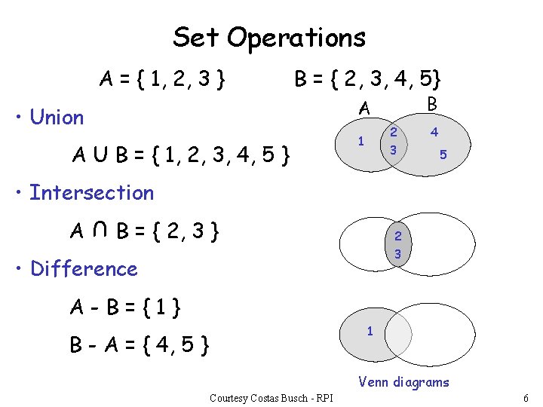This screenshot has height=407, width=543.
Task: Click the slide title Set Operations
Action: (269, 37)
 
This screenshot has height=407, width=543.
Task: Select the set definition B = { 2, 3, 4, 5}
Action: (368, 78)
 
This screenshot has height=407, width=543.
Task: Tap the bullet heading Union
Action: (57, 118)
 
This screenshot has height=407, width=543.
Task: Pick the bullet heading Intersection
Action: (91, 193)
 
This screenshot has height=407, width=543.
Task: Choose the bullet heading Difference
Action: (84, 269)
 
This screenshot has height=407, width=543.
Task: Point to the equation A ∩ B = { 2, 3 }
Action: (146, 231)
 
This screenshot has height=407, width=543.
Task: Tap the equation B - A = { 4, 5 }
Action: (140, 346)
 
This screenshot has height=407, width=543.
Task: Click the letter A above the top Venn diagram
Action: (364, 110)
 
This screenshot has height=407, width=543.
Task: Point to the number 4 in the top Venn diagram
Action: (434, 133)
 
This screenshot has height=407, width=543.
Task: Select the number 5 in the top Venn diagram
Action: (443, 155)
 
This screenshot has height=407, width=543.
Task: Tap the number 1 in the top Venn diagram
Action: (361, 141)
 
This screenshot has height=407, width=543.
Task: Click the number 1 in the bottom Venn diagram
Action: (369, 330)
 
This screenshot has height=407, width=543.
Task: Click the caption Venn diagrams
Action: (403, 382)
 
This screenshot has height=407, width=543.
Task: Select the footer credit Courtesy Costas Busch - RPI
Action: (272, 397)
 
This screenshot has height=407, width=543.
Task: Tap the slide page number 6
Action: (525, 397)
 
